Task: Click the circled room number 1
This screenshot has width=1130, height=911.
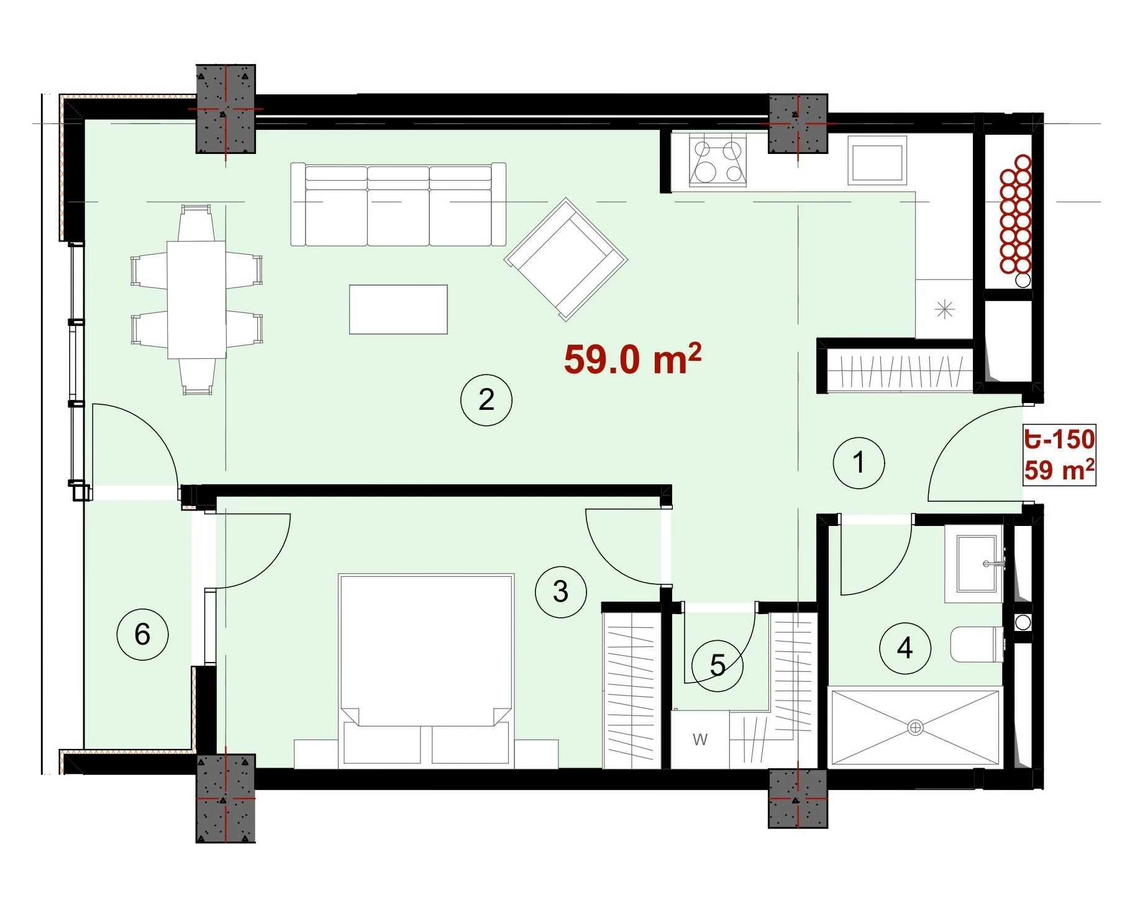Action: [859, 463]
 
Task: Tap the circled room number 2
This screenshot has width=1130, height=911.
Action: [486, 400]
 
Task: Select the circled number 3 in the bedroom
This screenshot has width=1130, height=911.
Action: [560, 592]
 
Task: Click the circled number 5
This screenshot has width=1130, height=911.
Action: [718, 666]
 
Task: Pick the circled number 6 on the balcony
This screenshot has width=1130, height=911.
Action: [142, 634]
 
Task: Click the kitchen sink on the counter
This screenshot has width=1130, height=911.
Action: [877, 161]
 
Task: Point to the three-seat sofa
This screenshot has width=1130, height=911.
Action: [398, 204]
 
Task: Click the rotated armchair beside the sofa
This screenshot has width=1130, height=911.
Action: [566, 259]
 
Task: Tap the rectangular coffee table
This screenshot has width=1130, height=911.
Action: [398, 309]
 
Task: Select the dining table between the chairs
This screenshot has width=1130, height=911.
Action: [196, 300]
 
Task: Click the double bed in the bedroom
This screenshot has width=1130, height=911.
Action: [426, 669]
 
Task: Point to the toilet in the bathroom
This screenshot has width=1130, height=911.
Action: [977, 645]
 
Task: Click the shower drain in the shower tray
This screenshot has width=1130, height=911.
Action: [915, 727]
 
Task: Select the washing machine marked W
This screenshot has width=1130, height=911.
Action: [700, 740]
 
